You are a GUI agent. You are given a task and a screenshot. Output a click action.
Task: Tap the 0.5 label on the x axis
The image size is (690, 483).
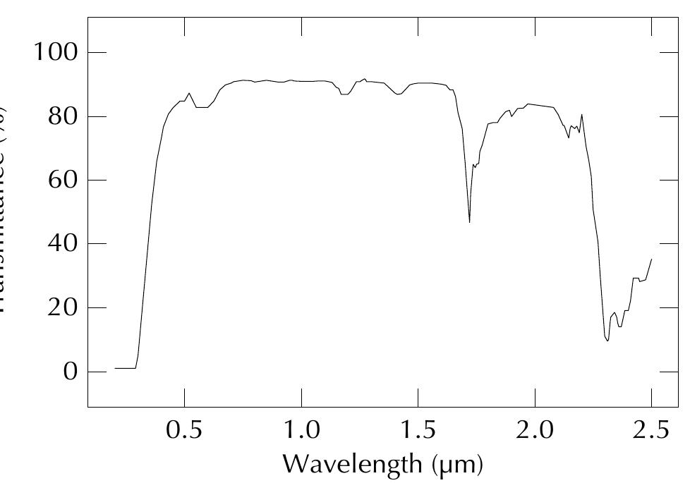(185, 430)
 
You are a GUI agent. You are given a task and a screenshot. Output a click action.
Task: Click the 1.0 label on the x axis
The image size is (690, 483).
(301, 430)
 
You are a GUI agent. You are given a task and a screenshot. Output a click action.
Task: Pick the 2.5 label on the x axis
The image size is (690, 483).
(650, 430)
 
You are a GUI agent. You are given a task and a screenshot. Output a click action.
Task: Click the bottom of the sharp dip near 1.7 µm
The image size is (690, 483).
(469, 222)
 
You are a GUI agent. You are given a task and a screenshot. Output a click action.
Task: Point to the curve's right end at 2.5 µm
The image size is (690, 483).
(651, 259)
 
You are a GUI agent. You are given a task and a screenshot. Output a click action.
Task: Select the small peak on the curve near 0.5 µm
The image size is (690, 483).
(188, 93)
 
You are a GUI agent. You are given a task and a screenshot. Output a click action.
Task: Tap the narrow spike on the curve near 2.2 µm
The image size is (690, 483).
(581, 114)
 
